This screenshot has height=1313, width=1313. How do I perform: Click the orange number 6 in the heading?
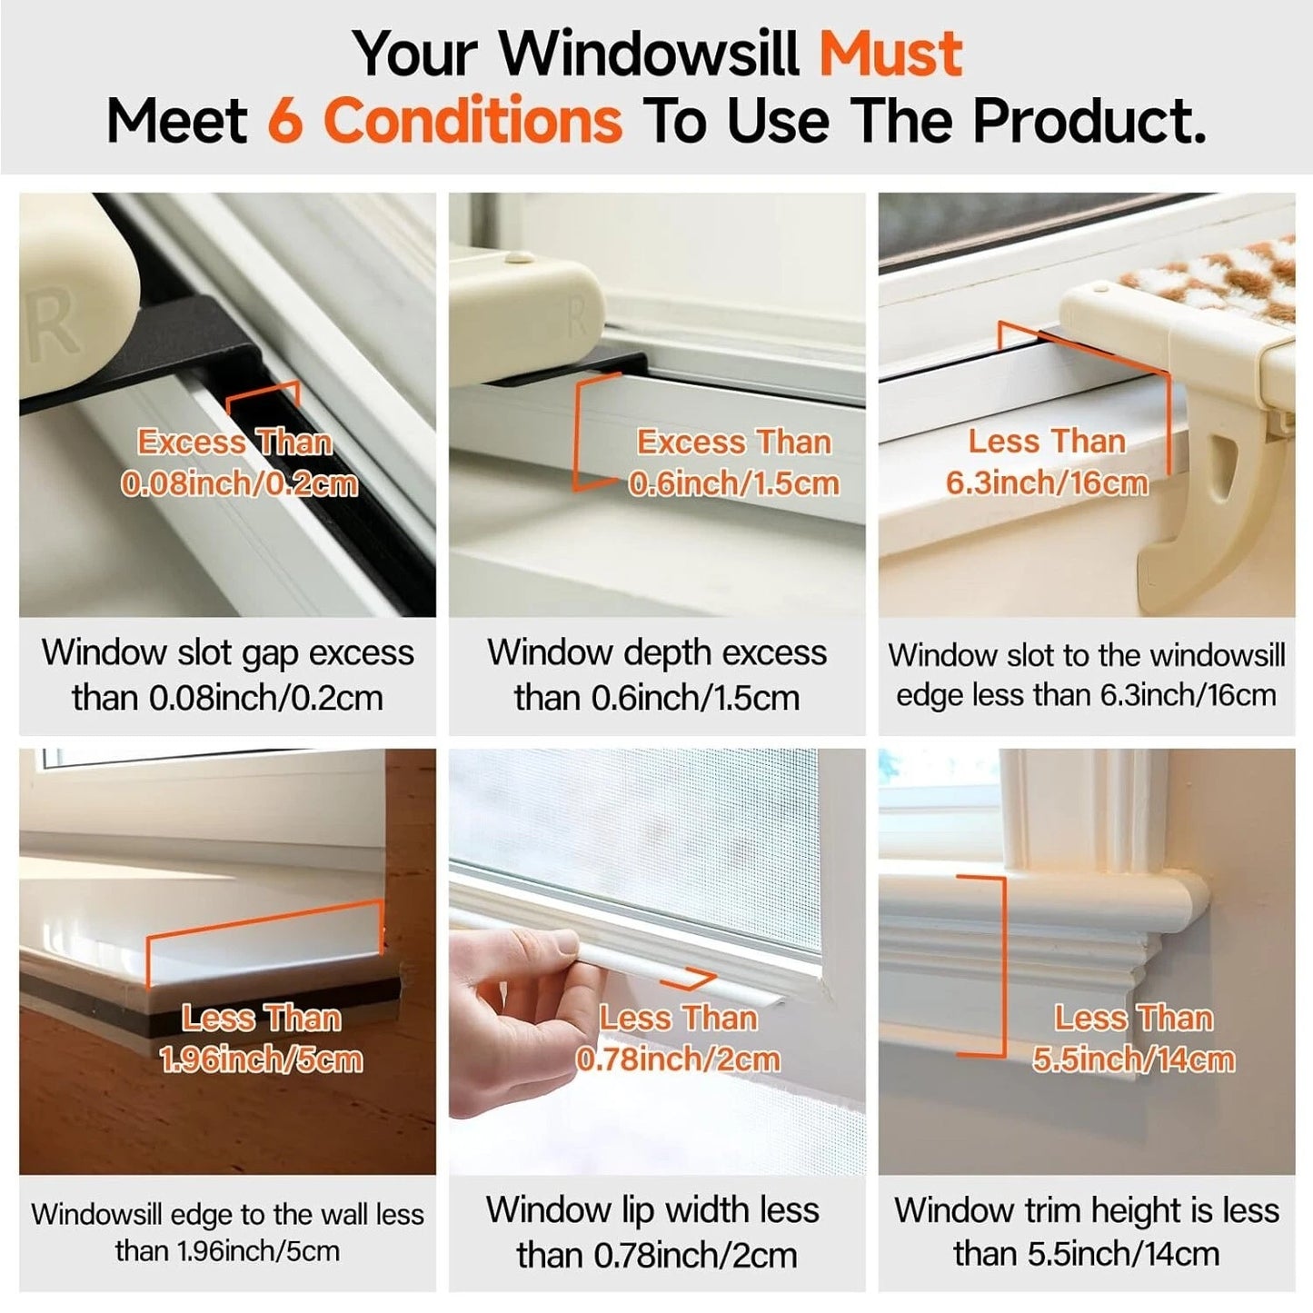[x=284, y=121]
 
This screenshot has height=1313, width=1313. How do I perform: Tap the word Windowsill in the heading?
[x=650, y=55]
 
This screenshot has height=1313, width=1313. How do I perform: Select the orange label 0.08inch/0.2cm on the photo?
[x=239, y=483]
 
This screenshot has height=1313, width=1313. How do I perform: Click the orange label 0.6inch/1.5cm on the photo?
[x=734, y=483]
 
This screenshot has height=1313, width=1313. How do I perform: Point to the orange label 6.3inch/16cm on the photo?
[x=1047, y=482]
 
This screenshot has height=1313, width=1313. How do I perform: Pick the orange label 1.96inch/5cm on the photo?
[x=261, y=1059]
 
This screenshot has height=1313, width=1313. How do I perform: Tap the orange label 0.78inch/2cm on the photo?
[x=678, y=1059]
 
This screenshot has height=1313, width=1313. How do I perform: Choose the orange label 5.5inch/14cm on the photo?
[x=1133, y=1059]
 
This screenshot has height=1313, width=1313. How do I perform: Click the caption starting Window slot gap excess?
[x=227, y=675]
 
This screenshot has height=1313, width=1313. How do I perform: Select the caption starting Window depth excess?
[x=657, y=675]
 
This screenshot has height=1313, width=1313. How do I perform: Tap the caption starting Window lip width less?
[x=653, y=1232]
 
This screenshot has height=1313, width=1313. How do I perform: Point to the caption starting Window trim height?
[x=1087, y=1231]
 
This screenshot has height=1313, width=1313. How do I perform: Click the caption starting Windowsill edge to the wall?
[x=227, y=1232]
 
